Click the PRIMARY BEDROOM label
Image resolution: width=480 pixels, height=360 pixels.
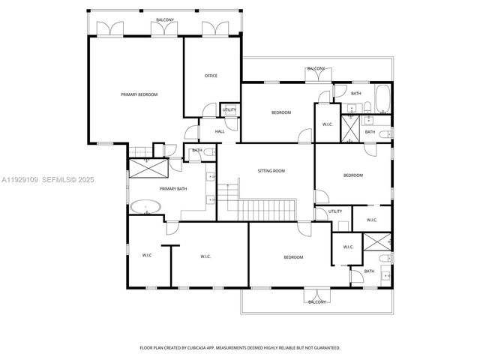[x=139, y=94]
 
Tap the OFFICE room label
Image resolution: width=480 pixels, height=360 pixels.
[x=211, y=76]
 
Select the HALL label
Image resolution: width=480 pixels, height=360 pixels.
[x=220, y=132]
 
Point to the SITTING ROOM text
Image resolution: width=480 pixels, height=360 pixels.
[x=272, y=171]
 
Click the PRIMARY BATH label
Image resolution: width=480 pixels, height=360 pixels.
[x=172, y=188]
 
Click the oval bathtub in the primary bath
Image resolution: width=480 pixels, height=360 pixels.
[x=144, y=206]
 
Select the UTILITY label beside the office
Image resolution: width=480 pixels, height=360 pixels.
[x=229, y=110]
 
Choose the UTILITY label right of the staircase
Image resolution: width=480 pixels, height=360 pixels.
[x=335, y=211]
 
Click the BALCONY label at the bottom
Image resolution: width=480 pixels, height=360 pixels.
[x=316, y=301]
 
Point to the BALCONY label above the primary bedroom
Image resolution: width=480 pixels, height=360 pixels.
[x=166, y=19]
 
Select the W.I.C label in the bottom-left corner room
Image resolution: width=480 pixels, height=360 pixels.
[x=147, y=256]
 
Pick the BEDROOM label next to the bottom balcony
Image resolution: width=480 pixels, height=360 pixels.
[x=293, y=257]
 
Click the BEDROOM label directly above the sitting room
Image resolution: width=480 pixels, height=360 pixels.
[x=280, y=112]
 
